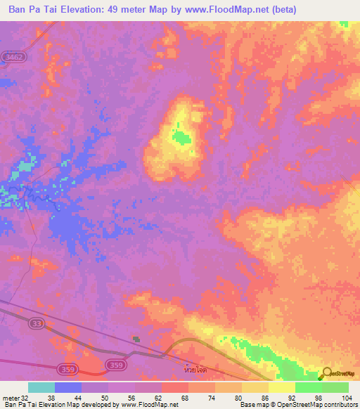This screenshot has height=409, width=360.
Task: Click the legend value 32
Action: pos(28,398)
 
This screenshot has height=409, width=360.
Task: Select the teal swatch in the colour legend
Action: pos(41,387)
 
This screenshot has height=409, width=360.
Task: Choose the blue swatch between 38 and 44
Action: pos(68,387)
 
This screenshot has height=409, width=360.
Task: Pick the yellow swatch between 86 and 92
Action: pos(281,387)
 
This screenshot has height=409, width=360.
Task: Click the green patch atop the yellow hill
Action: pos(183,137)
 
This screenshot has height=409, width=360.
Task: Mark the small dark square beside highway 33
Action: pos(136,339)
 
